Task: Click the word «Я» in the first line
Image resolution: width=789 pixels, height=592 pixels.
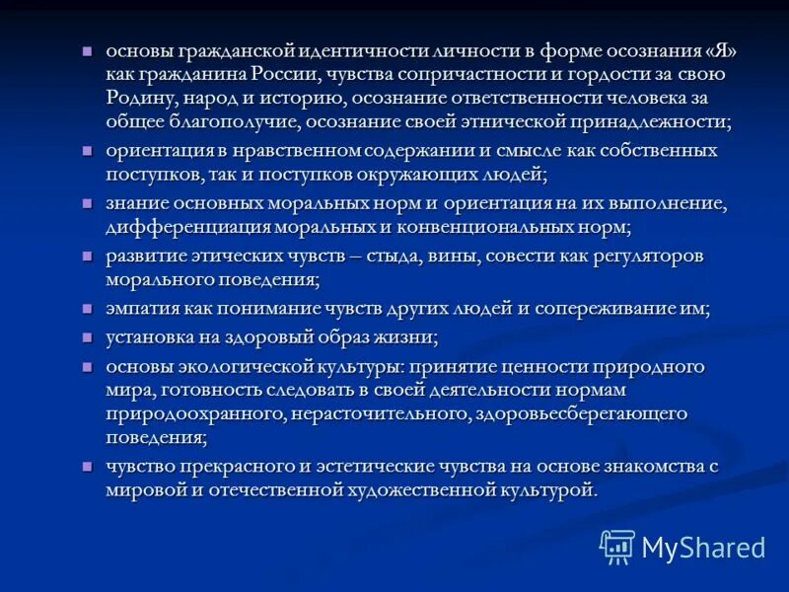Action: [715, 50]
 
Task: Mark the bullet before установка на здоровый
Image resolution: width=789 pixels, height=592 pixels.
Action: [88, 336]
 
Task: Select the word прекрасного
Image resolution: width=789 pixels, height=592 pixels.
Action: [228, 467]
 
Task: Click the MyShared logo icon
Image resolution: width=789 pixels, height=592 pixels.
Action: [618, 546]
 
